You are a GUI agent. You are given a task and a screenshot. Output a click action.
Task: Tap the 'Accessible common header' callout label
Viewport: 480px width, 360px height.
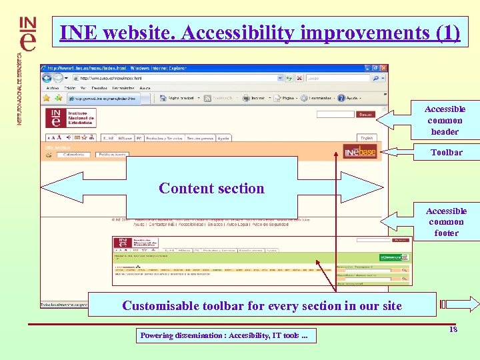[x=445, y=120]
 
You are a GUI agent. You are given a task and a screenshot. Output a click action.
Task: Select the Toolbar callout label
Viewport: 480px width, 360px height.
[x=446, y=152]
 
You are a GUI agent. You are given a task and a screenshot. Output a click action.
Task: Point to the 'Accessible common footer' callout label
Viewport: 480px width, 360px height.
[x=445, y=222]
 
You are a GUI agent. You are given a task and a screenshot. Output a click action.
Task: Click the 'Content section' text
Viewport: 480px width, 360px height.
[x=211, y=188]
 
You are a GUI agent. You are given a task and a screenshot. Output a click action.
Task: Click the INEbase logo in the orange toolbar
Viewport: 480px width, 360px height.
[x=360, y=153]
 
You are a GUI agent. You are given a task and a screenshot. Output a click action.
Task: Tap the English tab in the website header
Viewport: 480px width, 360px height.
[x=366, y=138]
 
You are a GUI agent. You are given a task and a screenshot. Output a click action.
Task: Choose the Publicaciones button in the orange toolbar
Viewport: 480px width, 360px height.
[x=111, y=154]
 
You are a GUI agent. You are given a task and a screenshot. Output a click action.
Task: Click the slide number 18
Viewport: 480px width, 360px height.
[x=453, y=329]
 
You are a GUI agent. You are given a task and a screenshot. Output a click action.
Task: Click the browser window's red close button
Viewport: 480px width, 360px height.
[x=383, y=68]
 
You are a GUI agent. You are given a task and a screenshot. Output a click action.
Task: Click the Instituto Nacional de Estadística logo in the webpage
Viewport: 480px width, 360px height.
[x=71, y=118]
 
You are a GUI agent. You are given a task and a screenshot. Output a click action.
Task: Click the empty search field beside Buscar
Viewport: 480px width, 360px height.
[x=335, y=115]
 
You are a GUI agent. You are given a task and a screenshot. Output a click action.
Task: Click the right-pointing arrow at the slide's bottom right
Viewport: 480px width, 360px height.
[x=466, y=305]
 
